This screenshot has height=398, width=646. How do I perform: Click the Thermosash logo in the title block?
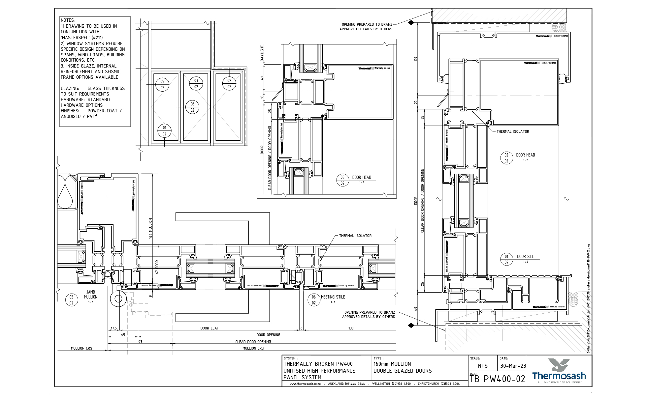pyautogui.click(x=559, y=371)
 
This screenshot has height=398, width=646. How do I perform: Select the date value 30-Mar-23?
pyautogui.click(x=513, y=366)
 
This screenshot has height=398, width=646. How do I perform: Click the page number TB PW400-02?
pyautogui.click(x=497, y=379)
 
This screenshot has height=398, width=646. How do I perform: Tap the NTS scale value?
pyautogui.click(x=482, y=366)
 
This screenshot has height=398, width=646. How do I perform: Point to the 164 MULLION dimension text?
pyautogui.click(x=151, y=228)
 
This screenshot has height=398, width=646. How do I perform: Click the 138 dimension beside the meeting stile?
pyautogui.click(x=351, y=328)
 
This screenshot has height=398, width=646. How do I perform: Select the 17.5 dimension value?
pyautogui.click(x=113, y=328)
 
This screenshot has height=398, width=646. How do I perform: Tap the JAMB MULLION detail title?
pyautogui.click(x=90, y=294)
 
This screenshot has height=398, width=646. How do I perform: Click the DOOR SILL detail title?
pyautogui.click(x=525, y=256)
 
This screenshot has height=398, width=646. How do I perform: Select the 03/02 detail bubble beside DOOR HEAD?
pyautogui.click(x=342, y=180)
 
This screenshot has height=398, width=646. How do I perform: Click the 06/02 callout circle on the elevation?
pyautogui.click(x=192, y=107)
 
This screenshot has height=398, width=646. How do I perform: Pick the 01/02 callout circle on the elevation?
pyautogui.click(x=164, y=130)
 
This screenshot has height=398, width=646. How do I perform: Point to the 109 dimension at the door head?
pyautogui.click(x=416, y=59)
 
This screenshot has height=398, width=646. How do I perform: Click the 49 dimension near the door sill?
pyautogui.click(x=416, y=309)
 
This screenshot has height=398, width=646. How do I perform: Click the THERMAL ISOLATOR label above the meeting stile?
pyautogui.click(x=355, y=236)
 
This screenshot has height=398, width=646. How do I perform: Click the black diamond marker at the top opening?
pyautogui.click(x=411, y=23)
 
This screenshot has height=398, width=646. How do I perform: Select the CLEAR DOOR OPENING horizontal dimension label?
pyautogui.click(x=253, y=342)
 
